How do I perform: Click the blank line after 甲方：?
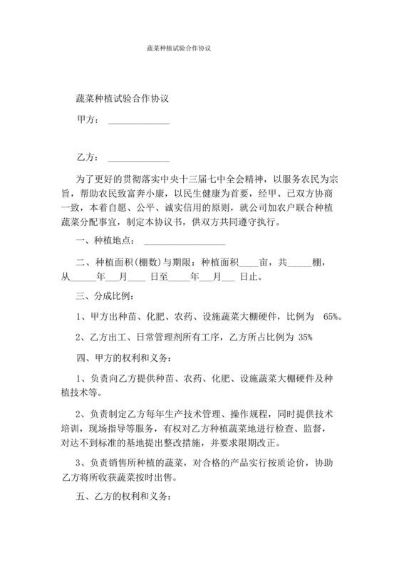[x=138, y=122]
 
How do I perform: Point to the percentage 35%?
[x=305, y=337]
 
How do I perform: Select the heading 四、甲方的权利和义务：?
[x=123, y=357]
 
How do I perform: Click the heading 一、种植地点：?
[x=107, y=242]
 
